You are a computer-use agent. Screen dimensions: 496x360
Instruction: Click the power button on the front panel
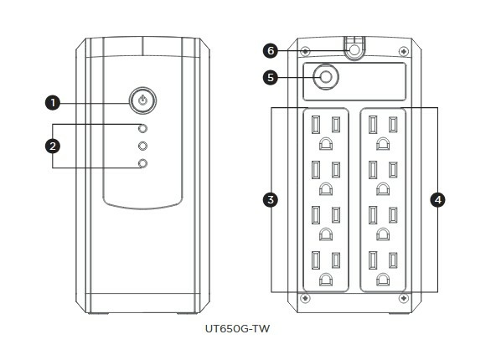142,100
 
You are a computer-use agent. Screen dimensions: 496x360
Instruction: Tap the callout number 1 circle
53,103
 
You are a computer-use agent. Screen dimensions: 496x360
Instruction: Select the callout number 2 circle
53,146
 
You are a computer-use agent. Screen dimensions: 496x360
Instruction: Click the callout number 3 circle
271,200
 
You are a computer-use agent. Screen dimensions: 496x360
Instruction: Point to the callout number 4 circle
438,200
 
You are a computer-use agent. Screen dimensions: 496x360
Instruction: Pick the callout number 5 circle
271,77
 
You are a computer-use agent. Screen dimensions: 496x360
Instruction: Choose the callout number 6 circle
271,50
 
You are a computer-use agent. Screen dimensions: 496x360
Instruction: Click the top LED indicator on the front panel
143,129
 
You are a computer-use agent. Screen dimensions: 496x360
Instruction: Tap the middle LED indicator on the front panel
143,146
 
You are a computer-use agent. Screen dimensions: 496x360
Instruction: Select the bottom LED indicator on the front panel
143,163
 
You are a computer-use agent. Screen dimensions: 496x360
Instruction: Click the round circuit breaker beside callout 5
326,77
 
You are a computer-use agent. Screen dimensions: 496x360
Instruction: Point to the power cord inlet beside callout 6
354,49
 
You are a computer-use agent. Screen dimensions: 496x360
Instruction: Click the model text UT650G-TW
238,329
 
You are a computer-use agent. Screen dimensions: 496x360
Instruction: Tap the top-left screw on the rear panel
305,51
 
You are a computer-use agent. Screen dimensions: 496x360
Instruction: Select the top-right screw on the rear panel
404,51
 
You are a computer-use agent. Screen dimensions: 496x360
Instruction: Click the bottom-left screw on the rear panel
305,298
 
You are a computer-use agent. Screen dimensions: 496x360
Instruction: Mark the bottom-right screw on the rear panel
404,298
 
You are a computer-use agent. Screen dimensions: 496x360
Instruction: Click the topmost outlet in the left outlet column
326,133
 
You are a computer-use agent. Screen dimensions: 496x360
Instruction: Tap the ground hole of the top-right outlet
383,144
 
